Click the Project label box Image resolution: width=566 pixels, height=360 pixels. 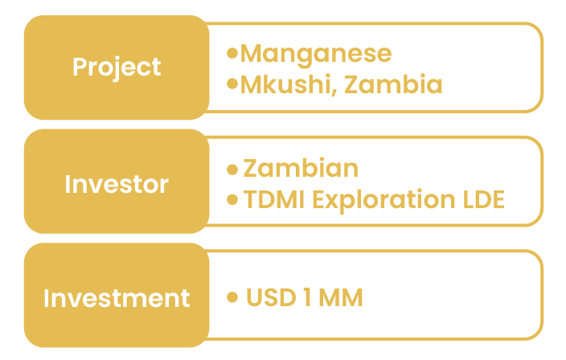click(117, 67)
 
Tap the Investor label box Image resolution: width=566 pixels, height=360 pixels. click(117, 182)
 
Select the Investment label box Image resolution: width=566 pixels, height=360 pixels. click(117, 295)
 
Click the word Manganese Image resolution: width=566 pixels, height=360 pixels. click(316, 55)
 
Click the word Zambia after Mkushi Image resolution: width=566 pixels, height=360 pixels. click(393, 84)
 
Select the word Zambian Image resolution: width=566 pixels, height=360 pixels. click(301, 168)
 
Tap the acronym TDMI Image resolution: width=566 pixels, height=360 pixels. click(274, 199)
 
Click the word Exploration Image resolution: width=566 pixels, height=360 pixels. click(383, 201)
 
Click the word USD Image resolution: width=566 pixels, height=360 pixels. click(271, 297)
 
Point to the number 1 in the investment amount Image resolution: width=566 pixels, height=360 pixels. click(308, 297)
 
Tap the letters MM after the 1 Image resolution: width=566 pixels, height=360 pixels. click(341, 297)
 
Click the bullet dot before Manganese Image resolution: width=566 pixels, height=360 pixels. click(232, 53)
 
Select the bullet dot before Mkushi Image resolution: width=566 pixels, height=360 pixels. click(232, 84)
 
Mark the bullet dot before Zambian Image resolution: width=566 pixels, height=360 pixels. click(232, 170)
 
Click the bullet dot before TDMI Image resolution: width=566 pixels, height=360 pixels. click(232, 199)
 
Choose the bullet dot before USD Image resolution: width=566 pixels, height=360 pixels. click(232, 297)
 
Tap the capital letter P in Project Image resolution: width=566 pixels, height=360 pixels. click(80, 67)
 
